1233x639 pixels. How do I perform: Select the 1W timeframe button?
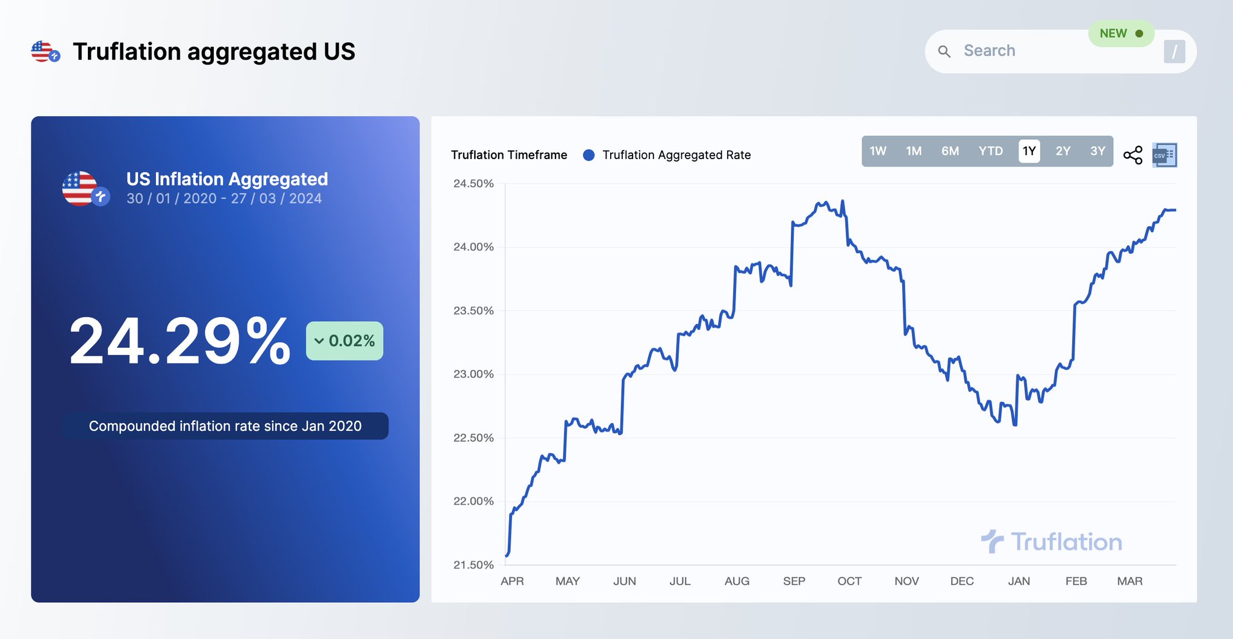(878, 151)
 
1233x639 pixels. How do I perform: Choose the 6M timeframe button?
(950, 151)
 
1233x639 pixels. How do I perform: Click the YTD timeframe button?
(990, 151)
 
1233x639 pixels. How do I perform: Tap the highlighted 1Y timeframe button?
(1029, 151)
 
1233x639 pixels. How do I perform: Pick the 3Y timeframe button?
(1097, 151)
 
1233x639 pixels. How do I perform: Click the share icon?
(1132, 155)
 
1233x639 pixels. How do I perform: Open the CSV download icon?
(1164, 155)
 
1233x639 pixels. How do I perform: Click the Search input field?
(1024, 51)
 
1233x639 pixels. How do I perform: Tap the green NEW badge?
(1120, 34)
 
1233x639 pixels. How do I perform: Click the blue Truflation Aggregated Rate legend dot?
(589, 155)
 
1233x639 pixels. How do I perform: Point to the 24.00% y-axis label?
(473, 247)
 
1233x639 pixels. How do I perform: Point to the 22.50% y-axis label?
(473, 438)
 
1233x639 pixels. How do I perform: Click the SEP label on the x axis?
(794, 581)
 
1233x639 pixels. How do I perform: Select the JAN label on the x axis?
(1019, 581)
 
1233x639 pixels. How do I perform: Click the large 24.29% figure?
(179, 341)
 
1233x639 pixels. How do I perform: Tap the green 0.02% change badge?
(345, 341)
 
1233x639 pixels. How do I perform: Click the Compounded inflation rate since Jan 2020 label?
(225, 426)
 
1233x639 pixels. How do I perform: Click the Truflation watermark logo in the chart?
(1052, 541)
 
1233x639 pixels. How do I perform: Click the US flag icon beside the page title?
(45, 52)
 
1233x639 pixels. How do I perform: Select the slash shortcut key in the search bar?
(1174, 52)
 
